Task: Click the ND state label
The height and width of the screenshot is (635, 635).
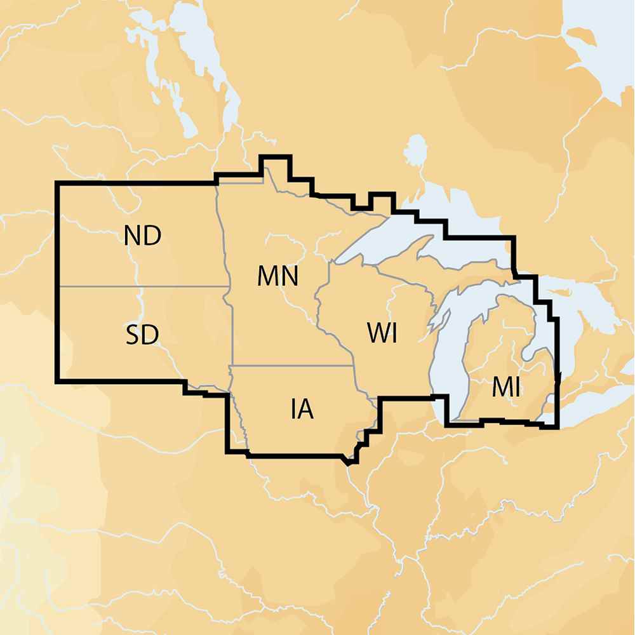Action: (x=142, y=236)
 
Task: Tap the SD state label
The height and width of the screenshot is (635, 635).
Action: (x=142, y=334)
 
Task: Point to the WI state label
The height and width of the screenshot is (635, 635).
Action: (x=382, y=333)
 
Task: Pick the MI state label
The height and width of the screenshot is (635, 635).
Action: (x=506, y=387)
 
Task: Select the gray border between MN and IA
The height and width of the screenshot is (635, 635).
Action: (x=292, y=366)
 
